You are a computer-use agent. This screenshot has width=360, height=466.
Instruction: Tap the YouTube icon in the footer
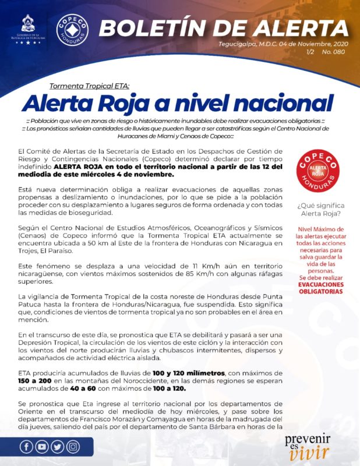pos(42,447)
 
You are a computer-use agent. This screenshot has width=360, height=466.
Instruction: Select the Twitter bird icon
pos(57,447)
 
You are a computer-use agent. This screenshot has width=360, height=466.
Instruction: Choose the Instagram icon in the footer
pos(73,447)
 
